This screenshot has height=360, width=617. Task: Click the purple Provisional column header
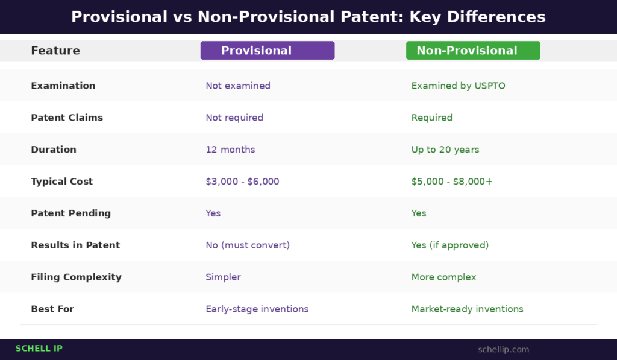(267, 51)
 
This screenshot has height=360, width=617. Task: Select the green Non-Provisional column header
(472, 51)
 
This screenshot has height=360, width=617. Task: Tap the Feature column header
(55, 51)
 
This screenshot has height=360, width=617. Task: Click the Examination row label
(63, 86)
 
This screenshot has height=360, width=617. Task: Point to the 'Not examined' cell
(237, 86)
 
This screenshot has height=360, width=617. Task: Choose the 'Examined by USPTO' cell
(458, 86)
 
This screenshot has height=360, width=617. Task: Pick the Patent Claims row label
(66, 118)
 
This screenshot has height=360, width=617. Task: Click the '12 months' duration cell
(230, 150)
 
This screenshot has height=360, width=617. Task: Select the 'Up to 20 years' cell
(445, 150)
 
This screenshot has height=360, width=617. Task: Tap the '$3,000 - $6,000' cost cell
(242, 182)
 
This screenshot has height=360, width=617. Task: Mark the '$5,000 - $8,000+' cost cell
(452, 182)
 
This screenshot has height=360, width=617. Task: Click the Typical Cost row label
(61, 182)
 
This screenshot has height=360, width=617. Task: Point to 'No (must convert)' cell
(248, 245)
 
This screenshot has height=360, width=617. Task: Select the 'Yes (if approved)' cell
(449, 245)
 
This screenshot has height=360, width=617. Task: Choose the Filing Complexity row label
(76, 277)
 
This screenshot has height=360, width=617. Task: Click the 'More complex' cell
(443, 277)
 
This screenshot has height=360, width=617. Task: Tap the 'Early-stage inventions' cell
(257, 309)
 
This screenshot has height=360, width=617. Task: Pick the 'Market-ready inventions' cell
(467, 309)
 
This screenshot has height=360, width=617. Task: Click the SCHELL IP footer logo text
(39, 349)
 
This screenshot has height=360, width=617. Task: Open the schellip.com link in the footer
(503, 350)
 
